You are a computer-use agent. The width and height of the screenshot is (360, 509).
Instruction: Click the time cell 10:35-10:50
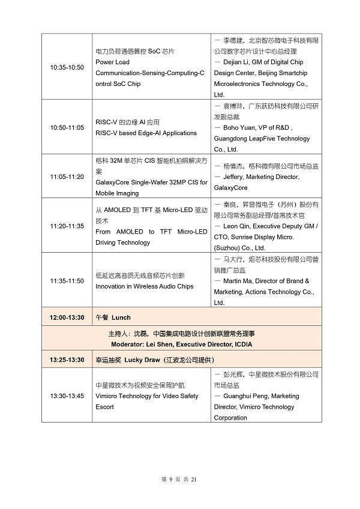(x=67, y=66)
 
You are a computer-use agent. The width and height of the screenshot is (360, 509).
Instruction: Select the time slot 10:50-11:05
(x=67, y=128)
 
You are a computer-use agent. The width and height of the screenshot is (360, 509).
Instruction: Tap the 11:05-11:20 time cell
(x=67, y=176)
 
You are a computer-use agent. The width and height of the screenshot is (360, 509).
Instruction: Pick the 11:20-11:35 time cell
(x=67, y=226)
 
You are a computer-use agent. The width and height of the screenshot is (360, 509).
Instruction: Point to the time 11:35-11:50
(x=67, y=280)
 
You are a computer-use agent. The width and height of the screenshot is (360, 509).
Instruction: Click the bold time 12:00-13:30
(x=67, y=317)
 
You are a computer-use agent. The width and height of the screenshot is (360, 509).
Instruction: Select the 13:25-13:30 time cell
(x=67, y=360)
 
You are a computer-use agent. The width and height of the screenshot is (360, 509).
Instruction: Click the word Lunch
(x=121, y=317)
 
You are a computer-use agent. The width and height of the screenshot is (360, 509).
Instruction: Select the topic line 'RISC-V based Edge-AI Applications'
(x=146, y=133)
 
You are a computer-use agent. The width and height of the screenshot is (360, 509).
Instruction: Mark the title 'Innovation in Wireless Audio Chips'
(x=144, y=286)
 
